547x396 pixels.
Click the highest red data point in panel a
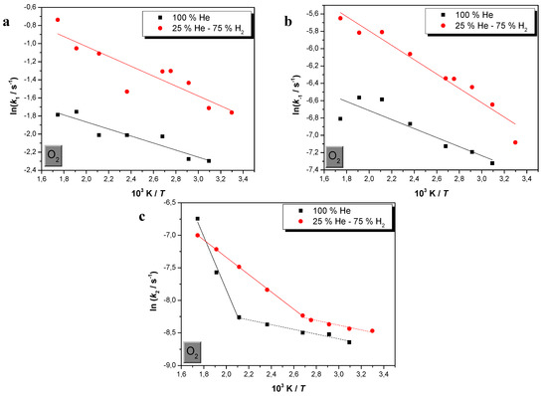point(58,20)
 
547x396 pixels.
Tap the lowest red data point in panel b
point(515,142)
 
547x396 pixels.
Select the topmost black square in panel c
point(197,219)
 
